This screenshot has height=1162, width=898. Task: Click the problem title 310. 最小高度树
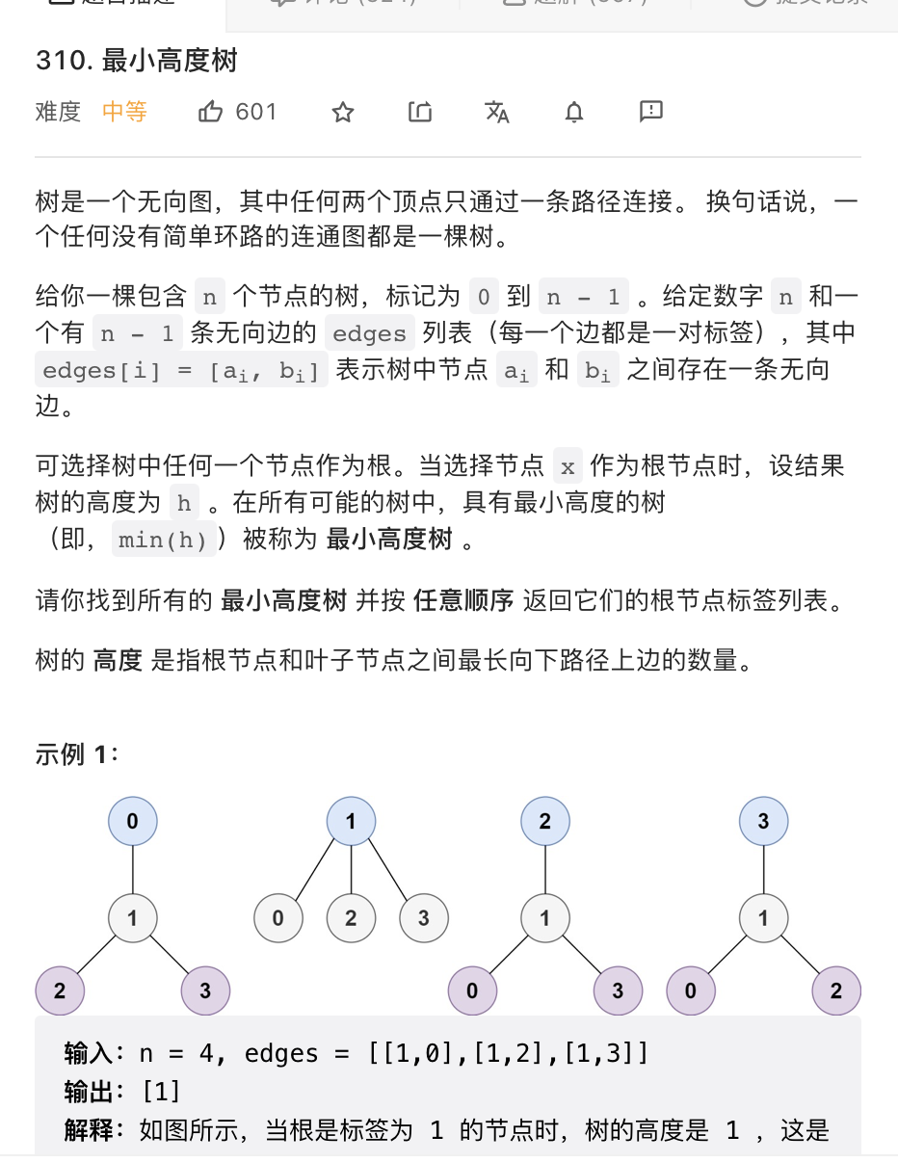[x=136, y=61]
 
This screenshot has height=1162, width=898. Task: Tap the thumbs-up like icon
[x=210, y=112]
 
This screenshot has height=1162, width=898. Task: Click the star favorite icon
[x=343, y=113]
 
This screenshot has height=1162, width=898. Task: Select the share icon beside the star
[x=420, y=113]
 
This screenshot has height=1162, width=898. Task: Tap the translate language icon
[x=497, y=113]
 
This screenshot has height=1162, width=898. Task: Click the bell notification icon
[x=574, y=113]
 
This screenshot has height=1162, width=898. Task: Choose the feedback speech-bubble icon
[x=651, y=112]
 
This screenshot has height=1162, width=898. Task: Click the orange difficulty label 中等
[x=124, y=112]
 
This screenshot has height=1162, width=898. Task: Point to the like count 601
[x=256, y=112]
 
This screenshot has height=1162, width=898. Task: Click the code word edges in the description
[x=369, y=333]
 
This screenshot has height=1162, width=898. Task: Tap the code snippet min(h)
[x=163, y=540]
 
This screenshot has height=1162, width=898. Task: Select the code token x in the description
[x=568, y=467]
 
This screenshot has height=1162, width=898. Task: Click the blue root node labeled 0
[x=133, y=822]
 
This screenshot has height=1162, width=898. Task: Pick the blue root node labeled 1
[x=351, y=822]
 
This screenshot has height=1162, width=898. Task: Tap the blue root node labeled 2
[x=545, y=822]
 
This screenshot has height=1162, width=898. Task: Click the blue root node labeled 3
[x=763, y=822]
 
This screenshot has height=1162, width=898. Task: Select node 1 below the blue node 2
[x=545, y=918]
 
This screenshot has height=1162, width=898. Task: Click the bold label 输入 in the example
[x=89, y=1053]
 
